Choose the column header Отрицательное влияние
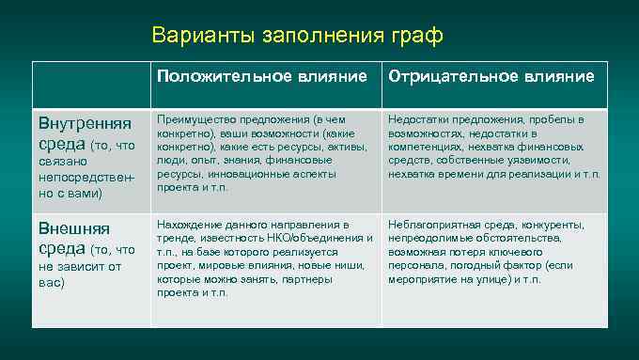click(x=491, y=76)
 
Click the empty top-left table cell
click(x=91, y=86)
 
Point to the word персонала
click(x=414, y=266)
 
